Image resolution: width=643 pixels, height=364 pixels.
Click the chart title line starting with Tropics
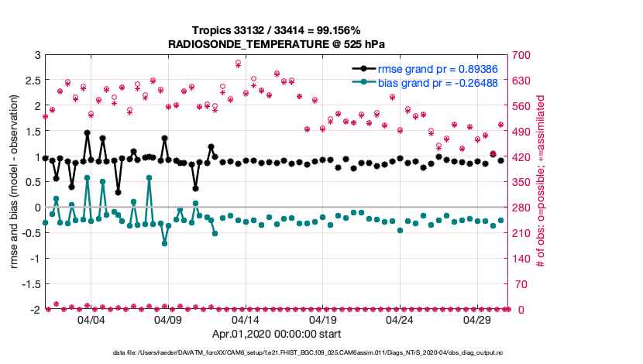(277, 32)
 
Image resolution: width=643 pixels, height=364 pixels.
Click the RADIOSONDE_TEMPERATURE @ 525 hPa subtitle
(277, 44)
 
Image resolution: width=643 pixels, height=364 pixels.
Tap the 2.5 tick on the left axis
(33, 81)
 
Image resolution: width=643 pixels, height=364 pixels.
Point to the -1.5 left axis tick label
(30, 284)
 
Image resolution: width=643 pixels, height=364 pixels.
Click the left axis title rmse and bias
(15, 183)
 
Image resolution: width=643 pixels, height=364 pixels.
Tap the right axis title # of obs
(540, 183)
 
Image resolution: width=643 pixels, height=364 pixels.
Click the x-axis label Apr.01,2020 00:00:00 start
(277, 335)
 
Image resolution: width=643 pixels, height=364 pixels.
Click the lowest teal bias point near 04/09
(164, 243)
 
